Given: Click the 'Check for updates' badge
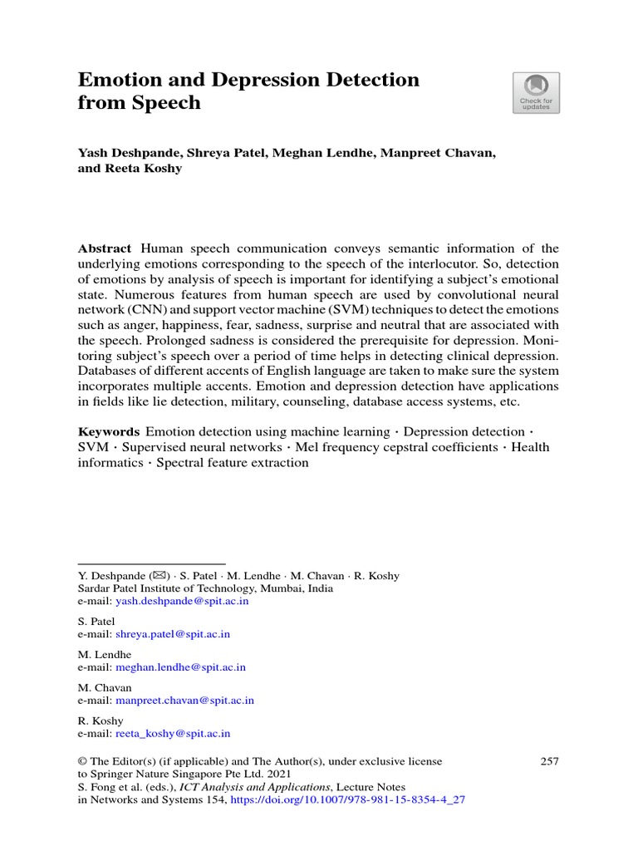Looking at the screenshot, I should (x=536, y=92).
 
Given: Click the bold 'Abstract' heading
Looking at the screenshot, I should (x=105, y=249).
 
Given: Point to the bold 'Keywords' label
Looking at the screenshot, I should (x=108, y=432).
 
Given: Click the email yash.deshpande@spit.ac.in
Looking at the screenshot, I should (x=182, y=601).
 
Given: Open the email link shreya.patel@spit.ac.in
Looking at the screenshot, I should (x=173, y=634).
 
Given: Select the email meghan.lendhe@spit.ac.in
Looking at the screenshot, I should (x=180, y=667).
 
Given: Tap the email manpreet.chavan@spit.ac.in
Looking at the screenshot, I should (x=184, y=701).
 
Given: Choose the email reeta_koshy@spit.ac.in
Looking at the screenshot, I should (x=173, y=734).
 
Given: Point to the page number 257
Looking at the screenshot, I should (x=549, y=761).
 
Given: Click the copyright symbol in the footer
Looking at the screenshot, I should (x=82, y=761).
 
